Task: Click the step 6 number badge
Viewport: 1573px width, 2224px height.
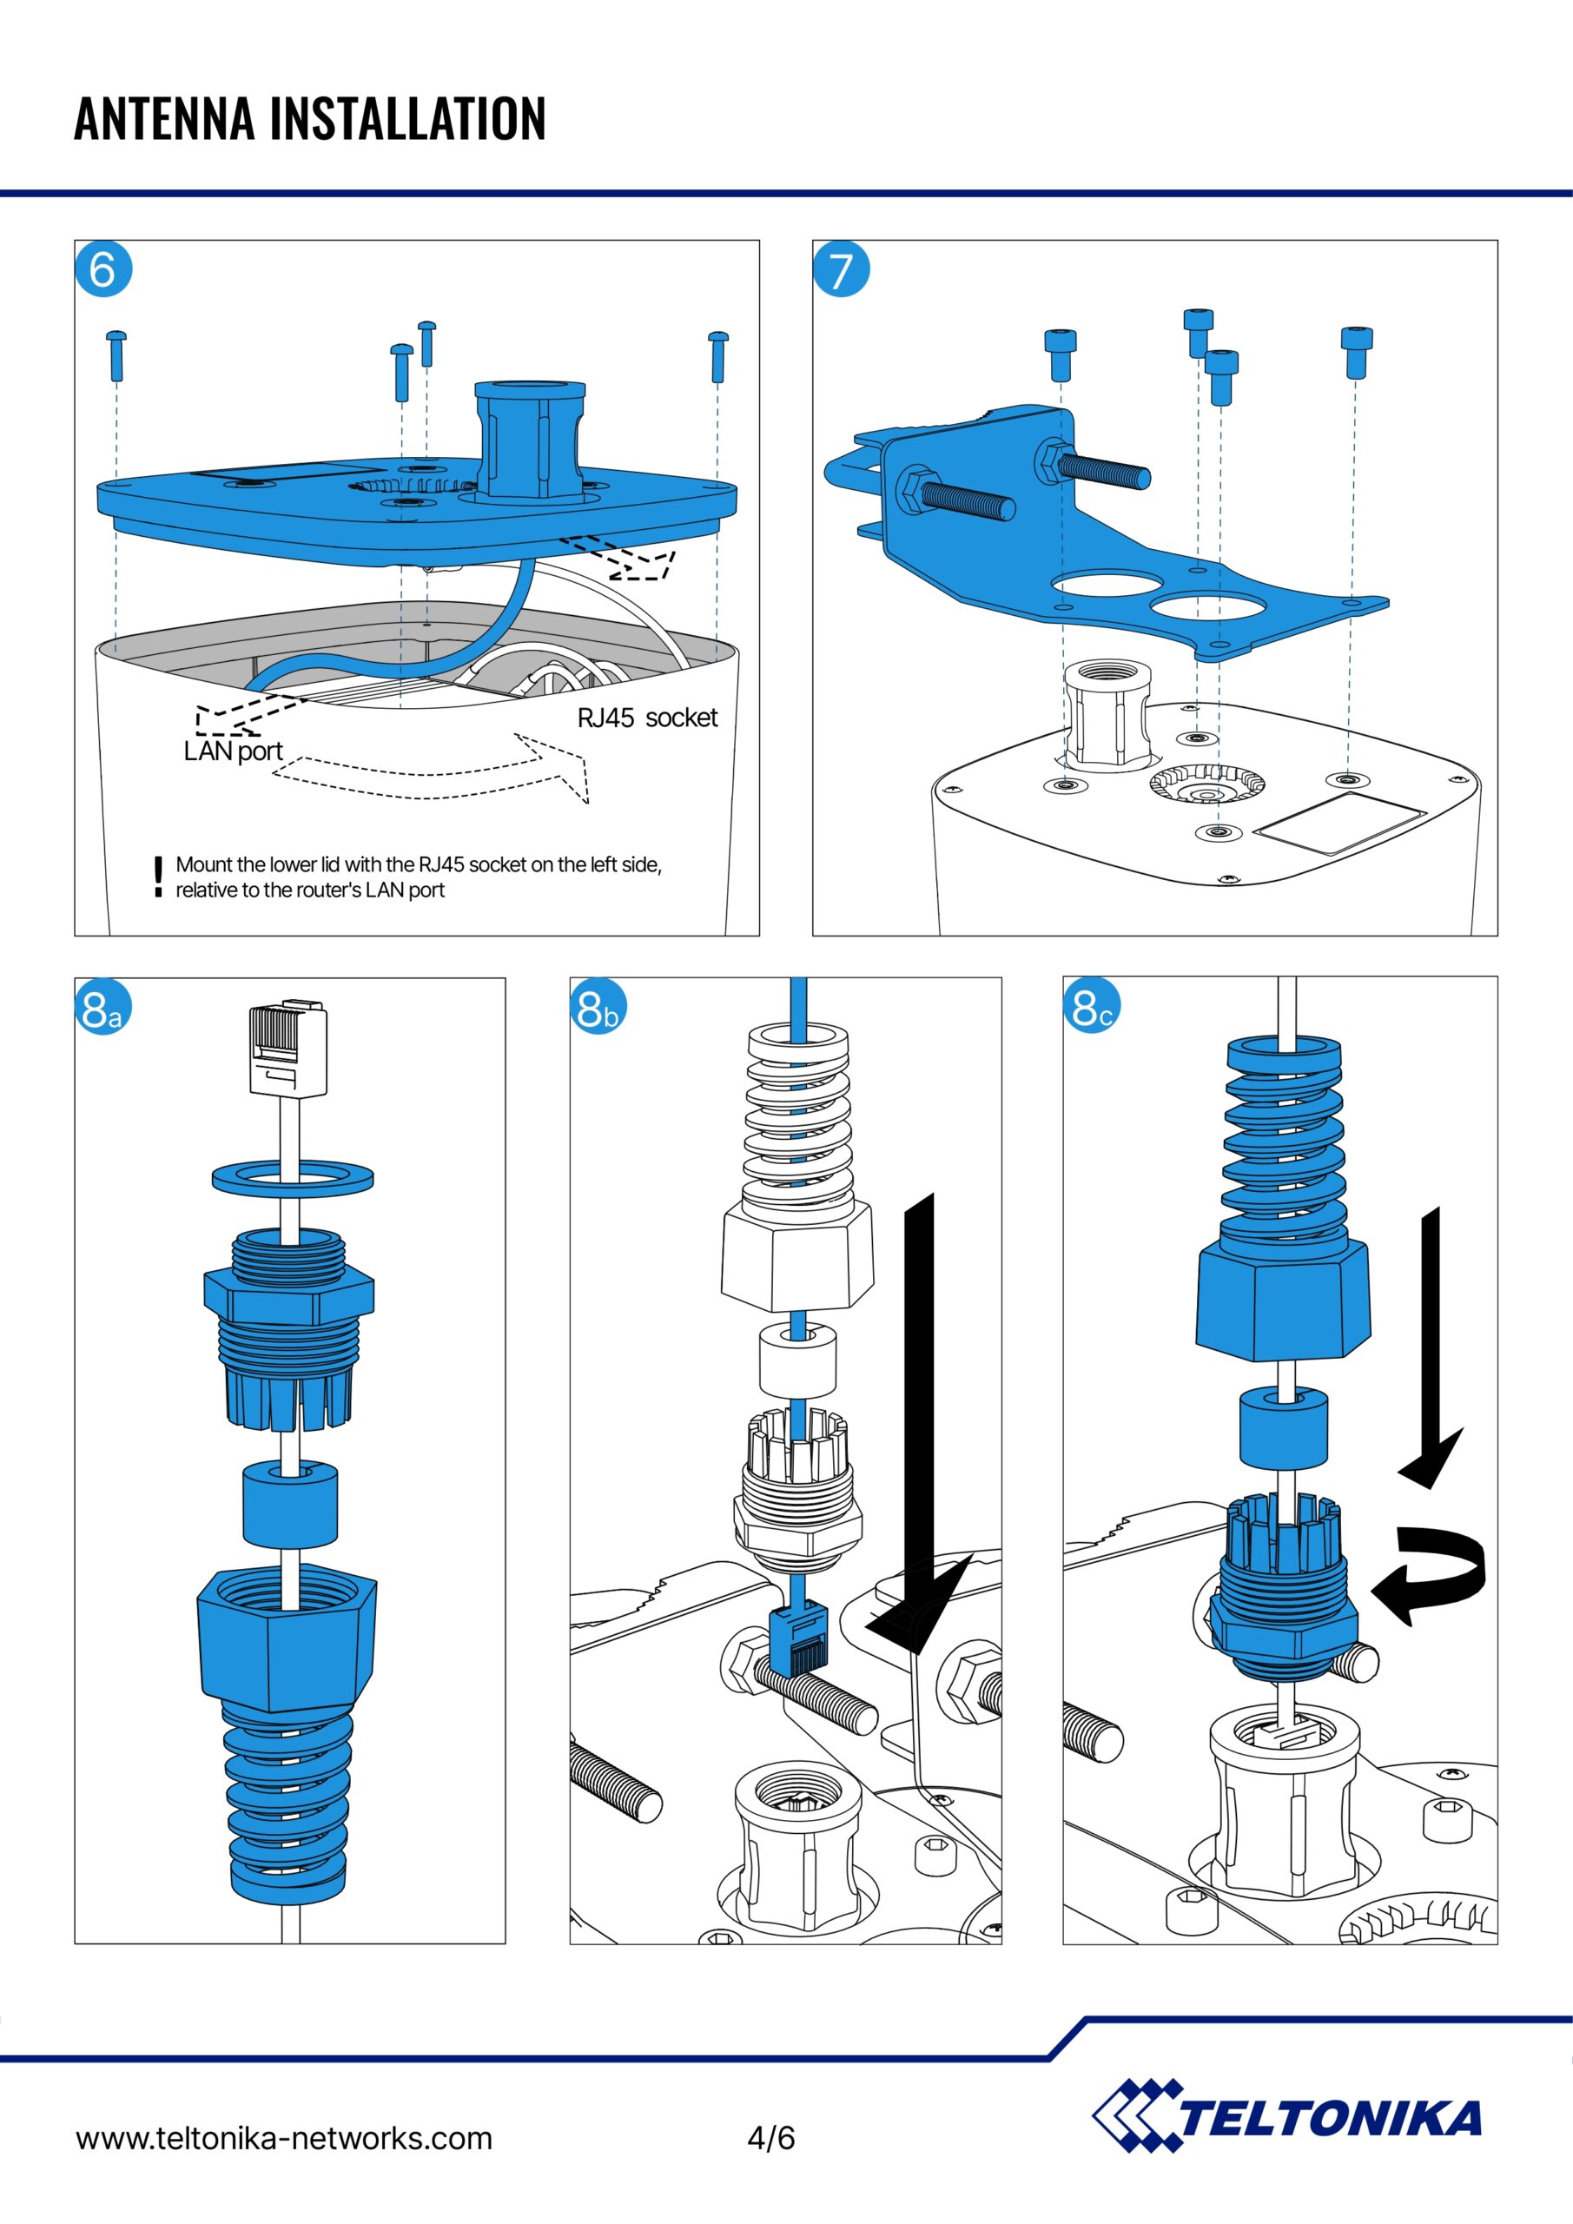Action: pos(102,269)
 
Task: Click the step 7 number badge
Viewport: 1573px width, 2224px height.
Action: pos(841,269)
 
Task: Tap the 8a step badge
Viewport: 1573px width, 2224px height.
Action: pos(102,1008)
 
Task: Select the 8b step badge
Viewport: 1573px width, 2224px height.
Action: pos(598,1008)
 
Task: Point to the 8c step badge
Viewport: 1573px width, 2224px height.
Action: pos(1092,1008)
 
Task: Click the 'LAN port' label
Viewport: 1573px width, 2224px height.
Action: pos(233,751)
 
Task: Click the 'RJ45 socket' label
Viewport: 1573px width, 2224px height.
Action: pos(647,718)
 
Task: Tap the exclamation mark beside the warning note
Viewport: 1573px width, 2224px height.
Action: pos(158,877)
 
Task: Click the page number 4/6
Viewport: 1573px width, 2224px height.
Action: pos(771,2137)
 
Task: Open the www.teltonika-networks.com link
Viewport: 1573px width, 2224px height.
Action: pos(284,2138)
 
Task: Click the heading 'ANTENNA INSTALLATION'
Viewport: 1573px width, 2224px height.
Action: pos(310,118)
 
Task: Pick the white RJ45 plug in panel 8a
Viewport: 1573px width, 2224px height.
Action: pos(288,1050)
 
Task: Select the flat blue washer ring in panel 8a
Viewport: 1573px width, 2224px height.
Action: pos(293,1177)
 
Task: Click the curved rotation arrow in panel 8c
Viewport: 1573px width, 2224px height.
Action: pos(1431,1574)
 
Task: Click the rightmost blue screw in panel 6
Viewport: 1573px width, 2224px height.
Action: pos(717,355)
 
